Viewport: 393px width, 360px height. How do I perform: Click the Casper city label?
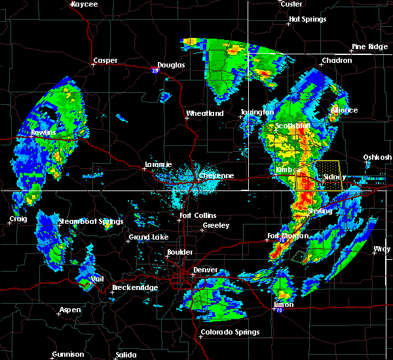click(x=105, y=61)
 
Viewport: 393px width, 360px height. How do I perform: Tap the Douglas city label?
click(x=171, y=65)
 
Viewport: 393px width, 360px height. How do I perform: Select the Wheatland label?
click(x=205, y=113)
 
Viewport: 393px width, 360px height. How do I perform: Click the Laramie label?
click(x=158, y=165)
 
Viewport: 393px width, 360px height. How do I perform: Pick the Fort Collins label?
click(x=198, y=216)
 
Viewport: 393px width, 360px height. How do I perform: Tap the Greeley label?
click(x=215, y=225)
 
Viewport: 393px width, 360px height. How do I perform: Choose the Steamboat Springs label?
click(x=90, y=221)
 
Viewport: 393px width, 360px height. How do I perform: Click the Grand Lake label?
click(x=147, y=237)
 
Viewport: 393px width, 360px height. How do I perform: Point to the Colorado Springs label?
click(x=229, y=332)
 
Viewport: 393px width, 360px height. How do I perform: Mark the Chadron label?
click(x=336, y=61)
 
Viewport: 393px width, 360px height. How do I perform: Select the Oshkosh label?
click(x=377, y=157)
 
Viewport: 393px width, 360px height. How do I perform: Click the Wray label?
click(x=381, y=249)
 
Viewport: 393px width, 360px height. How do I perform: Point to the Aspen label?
click(x=71, y=310)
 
